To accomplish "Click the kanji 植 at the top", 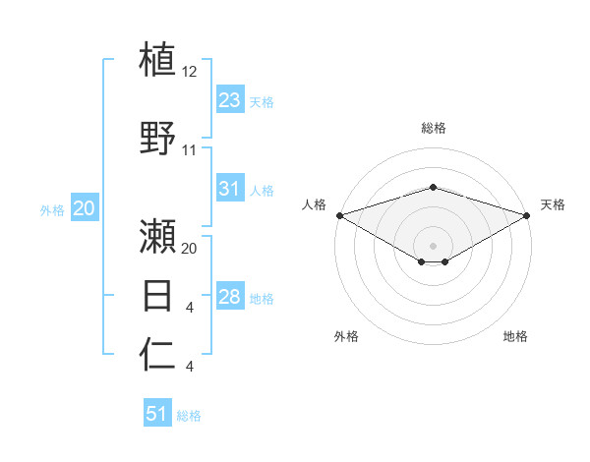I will tap(158, 59).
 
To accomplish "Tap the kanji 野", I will tap(158, 137).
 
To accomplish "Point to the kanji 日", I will tap(158, 295).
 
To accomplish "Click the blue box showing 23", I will tap(230, 100).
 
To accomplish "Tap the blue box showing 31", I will tap(230, 189).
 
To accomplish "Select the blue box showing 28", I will tap(230, 297).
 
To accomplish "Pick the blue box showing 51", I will tap(157, 414).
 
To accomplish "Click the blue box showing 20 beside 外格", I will tap(84, 208).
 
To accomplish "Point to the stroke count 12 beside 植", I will tap(190, 72).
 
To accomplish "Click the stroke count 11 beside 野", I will tap(190, 150).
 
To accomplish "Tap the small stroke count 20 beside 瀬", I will tap(190, 248).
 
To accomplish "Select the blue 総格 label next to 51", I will tap(189, 416).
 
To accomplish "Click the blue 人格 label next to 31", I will tap(262, 191).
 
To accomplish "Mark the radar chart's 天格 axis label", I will tap(554, 204).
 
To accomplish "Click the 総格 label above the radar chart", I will tap(433, 128).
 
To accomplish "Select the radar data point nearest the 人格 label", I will tap(339, 215).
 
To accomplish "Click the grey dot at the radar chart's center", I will tap(433, 244).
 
